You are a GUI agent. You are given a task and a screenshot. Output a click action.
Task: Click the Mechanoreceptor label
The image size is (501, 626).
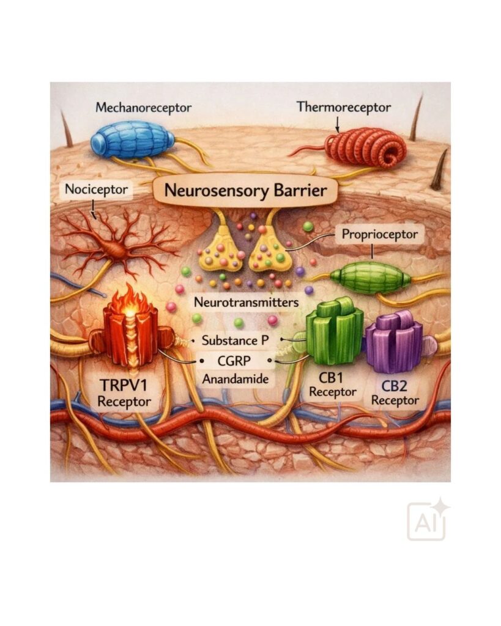click(x=143, y=108)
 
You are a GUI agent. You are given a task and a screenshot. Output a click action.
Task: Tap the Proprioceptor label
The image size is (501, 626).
click(x=379, y=234)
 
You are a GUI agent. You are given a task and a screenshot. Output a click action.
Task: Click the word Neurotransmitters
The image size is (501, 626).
click(x=246, y=302)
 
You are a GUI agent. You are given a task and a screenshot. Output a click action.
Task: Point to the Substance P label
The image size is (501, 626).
click(x=235, y=341)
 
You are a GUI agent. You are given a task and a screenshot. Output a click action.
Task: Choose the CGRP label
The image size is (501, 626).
click(x=234, y=361)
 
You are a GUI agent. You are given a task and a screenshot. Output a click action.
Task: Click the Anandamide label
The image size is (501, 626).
click(x=236, y=378)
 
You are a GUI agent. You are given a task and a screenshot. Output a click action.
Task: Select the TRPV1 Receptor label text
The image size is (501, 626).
click(x=124, y=393)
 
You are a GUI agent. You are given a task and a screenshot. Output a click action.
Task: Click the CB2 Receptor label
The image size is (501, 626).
click(x=395, y=393)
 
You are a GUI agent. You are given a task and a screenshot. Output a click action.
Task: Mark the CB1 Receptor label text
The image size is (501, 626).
click(x=332, y=385)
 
